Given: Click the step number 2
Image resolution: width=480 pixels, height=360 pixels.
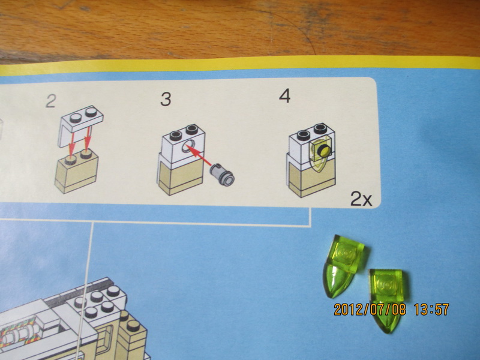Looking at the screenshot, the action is [x=50, y=101].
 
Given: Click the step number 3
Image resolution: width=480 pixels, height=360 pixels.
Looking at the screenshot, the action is [x=166, y=100].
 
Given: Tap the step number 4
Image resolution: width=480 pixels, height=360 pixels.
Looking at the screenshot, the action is [x=284, y=96].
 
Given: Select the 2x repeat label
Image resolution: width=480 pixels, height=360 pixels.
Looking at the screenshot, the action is [x=361, y=199].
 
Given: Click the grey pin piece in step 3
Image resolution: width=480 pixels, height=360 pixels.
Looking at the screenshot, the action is [x=223, y=175].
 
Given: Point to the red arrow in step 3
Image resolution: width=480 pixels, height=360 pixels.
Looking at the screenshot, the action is [x=199, y=155].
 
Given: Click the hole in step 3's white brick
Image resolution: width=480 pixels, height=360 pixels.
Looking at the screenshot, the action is [x=188, y=145].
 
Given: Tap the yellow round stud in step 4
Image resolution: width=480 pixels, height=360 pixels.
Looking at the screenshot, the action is [x=323, y=151].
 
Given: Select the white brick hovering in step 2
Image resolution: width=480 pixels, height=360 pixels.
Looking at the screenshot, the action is [x=80, y=125].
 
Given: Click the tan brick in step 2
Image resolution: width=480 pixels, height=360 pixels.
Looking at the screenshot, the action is [x=77, y=172].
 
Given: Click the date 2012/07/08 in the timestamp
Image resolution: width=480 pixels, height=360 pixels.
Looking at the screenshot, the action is [x=370, y=309].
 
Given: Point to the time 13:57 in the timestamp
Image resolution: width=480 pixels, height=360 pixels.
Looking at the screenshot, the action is [x=431, y=309].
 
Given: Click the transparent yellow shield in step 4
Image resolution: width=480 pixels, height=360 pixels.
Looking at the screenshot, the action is [x=320, y=154].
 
